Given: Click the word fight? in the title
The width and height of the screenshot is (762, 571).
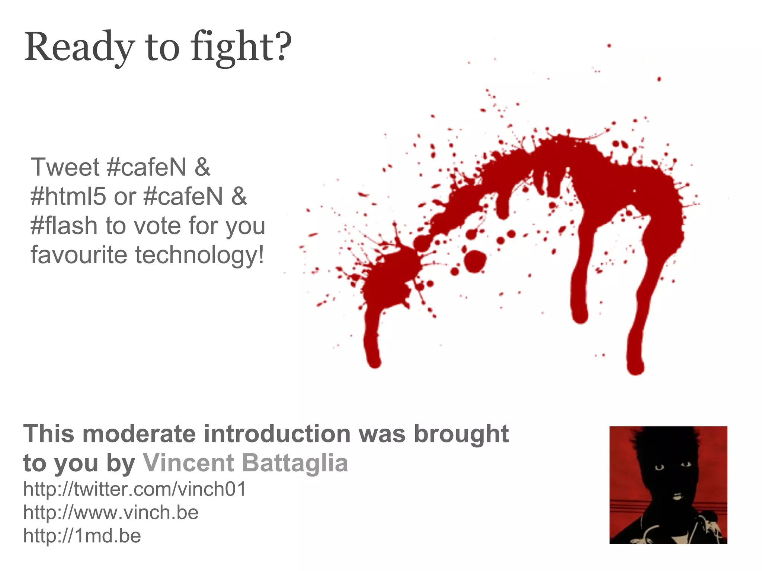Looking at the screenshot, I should click(241, 48).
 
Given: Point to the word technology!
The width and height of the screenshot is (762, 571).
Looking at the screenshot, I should click(199, 255).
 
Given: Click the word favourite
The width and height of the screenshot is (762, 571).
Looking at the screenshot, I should click(79, 255).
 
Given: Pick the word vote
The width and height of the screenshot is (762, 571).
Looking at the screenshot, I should click(157, 226).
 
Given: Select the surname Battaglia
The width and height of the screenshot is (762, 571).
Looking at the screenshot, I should click(295, 463).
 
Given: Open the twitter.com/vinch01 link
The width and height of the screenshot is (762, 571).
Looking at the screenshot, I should click(135, 489).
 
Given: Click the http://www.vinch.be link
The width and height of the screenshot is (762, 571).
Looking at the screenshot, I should click(111, 512).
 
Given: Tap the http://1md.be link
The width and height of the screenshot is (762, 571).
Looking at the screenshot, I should click(82, 536).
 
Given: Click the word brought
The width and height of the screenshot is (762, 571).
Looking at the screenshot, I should click(461, 434).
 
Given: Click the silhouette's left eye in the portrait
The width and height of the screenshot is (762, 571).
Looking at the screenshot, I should click(659, 467).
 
